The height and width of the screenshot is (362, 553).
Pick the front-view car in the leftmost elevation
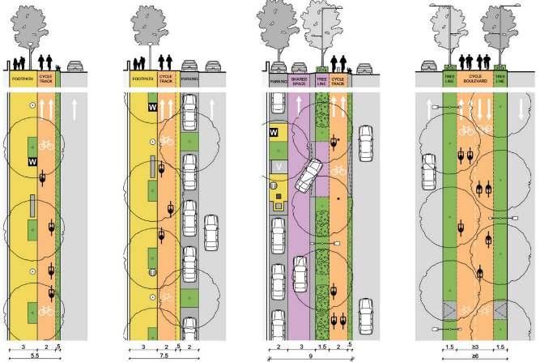(74, 66)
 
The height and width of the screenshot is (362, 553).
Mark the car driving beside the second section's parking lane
(211, 232)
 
